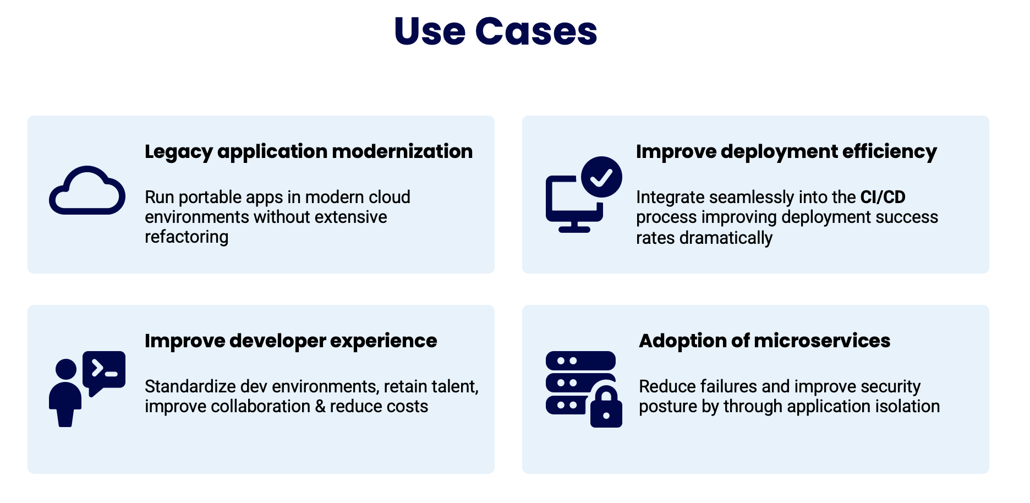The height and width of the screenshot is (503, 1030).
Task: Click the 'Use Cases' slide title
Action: click(x=495, y=31)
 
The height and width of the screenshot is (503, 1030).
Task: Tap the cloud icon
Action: click(x=87, y=192)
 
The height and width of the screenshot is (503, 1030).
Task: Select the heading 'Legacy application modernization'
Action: click(x=308, y=151)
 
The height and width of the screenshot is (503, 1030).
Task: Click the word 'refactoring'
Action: click(x=186, y=237)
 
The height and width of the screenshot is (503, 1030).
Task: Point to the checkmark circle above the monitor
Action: click(x=601, y=177)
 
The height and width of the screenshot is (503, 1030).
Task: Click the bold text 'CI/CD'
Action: click(x=883, y=197)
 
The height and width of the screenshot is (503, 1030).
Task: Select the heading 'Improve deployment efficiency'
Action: click(x=786, y=151)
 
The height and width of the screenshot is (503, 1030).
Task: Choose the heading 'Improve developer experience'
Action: click(x=291, y=341)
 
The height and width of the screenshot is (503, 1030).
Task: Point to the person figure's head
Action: click(x=66, y=369)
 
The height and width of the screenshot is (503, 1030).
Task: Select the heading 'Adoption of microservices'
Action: click(x=764, y=341)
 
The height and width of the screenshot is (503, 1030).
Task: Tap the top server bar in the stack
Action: click(x=580, y=360)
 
